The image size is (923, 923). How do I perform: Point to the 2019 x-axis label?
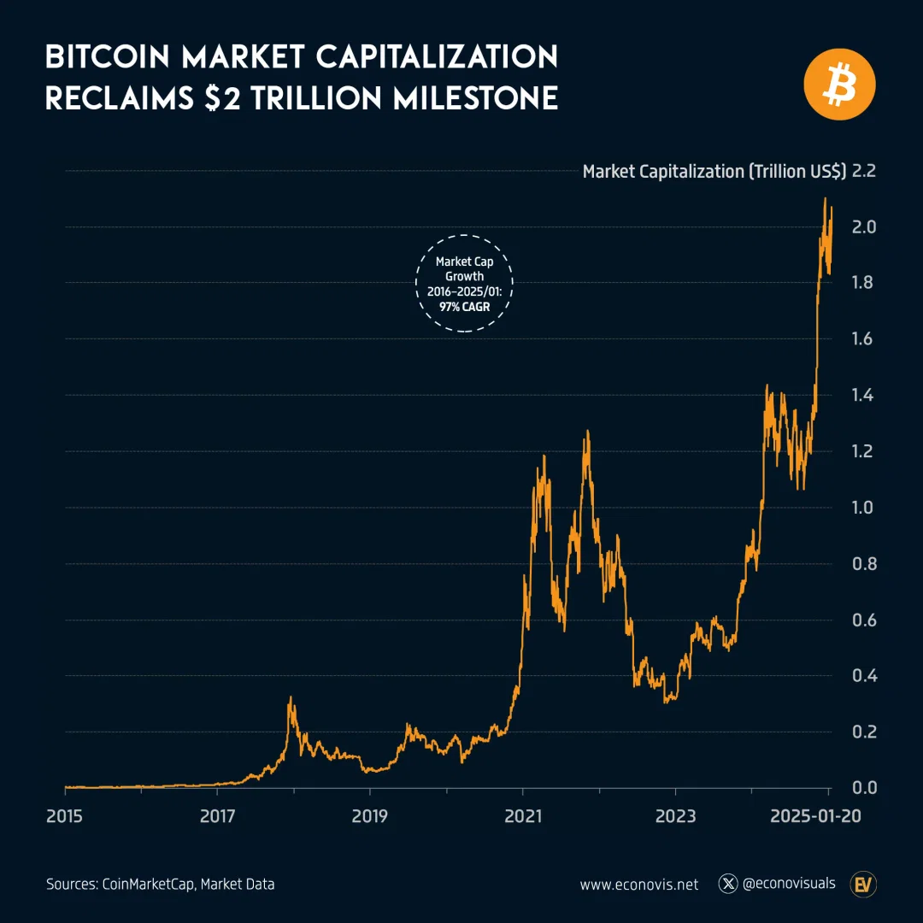(369, 815)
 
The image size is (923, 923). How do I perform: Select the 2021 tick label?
(523, 815)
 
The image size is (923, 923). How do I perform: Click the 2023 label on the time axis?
(675, 815)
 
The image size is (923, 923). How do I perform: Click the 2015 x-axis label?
(65, 815)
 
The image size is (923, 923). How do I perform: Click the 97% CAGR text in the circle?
(463, 307)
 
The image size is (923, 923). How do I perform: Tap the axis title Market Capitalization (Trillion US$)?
(714, 172)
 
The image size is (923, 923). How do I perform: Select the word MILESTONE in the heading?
(475, 98)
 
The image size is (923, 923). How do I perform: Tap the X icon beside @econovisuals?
(728, 884)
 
